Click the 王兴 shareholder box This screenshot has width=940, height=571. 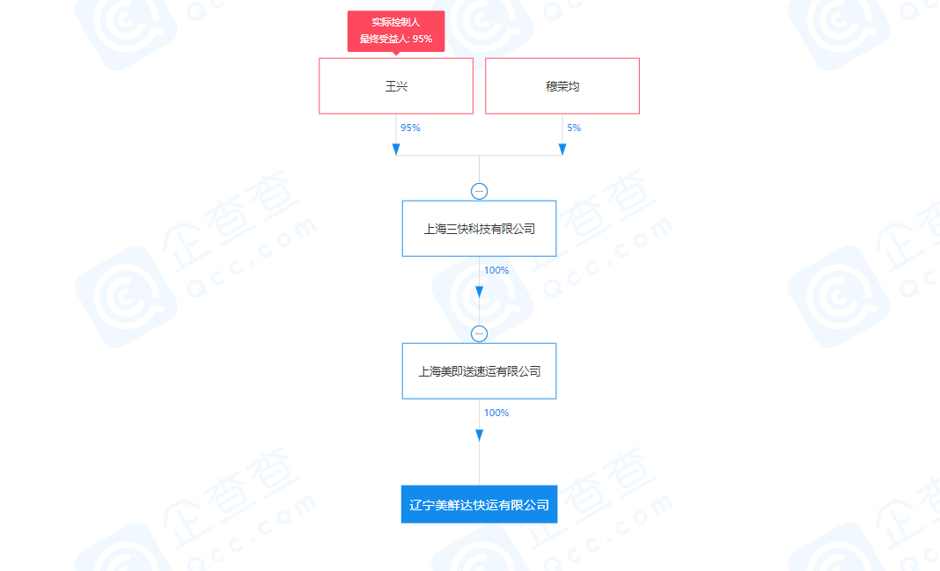click(396, 85)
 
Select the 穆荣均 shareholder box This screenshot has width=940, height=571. click(562, 85)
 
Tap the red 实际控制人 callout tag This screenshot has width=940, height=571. click(396, 31)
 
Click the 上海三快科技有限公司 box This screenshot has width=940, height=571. click(479, 228)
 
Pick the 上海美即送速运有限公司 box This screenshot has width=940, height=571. click(479, 371)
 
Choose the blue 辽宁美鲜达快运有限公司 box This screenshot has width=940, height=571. click(479, 504)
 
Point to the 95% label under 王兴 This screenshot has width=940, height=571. click(411, 128)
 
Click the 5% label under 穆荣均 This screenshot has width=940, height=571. click(575, 128)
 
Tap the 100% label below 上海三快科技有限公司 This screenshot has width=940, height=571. click(496, 270)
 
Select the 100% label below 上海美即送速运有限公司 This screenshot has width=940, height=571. click(496, 413)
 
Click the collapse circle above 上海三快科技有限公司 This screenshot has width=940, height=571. click(479, 191)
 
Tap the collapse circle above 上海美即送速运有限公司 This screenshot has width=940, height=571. click(479, 333)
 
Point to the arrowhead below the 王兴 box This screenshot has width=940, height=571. click(396, 150)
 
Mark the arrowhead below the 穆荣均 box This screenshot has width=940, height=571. click(562, 150)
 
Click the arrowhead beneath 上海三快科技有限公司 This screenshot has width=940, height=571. click(479, 292)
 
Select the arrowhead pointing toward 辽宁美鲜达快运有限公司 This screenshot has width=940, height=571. click(479, 435)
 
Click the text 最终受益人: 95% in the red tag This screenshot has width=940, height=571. click(396, 39)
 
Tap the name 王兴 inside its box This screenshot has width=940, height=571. click(396, 86)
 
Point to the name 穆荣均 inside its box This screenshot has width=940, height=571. click(562, 86)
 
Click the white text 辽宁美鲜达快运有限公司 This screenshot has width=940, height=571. click(479, 505)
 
